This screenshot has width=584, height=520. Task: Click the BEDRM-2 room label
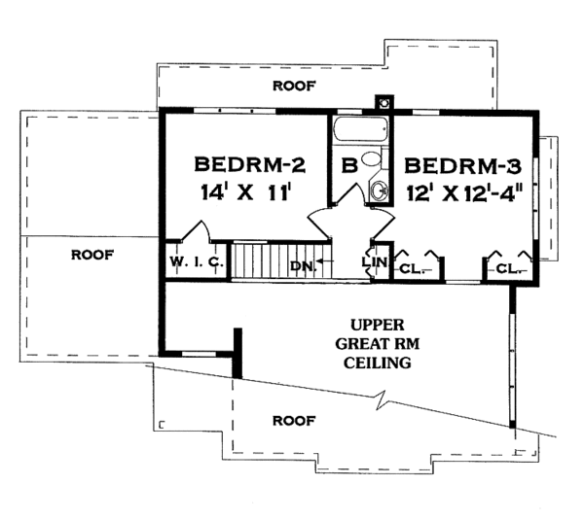[x=250, y=164]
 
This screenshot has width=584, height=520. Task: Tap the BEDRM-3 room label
[x=463, y=166]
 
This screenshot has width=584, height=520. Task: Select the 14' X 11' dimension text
[x=245, y=192]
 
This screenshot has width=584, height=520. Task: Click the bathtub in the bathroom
[x=360, y=129]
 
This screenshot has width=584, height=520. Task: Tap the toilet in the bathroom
[x=375, y=158]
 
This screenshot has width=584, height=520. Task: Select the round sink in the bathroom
[x=379, y=191]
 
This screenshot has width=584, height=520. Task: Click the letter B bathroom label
[x=349, y=165]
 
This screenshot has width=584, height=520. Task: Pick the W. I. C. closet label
[x=197, y=261]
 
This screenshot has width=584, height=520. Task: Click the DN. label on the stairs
[x=304, y=265]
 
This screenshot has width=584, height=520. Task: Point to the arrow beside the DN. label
[x=325, y=261]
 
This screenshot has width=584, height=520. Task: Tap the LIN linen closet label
[x=375, y=261]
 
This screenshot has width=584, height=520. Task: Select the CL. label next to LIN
[x=412, y=268]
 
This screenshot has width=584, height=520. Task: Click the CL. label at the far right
[x=509, y=268]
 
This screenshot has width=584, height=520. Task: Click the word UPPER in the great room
[x=378, y=325]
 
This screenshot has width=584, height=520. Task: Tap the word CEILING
[x=378, y=363]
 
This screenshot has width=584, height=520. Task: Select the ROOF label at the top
[x=294, y=86]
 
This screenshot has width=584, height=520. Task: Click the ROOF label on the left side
[x=92, y=256]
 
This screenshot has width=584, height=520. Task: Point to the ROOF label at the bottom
[x=294, y=421]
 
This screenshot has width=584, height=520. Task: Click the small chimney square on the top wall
[x=384, y=102]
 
